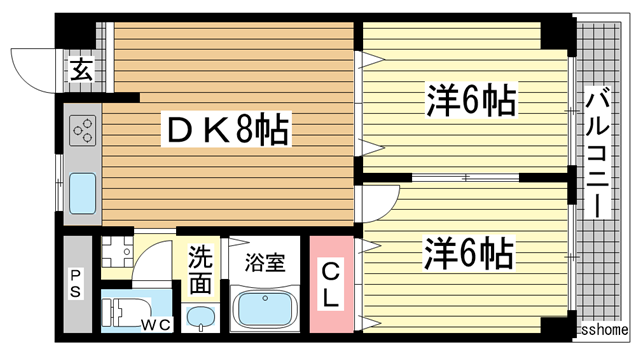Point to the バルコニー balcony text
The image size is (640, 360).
[597, 150]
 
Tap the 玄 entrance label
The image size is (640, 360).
[80, 71]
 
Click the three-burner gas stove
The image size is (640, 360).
[82, 130]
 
